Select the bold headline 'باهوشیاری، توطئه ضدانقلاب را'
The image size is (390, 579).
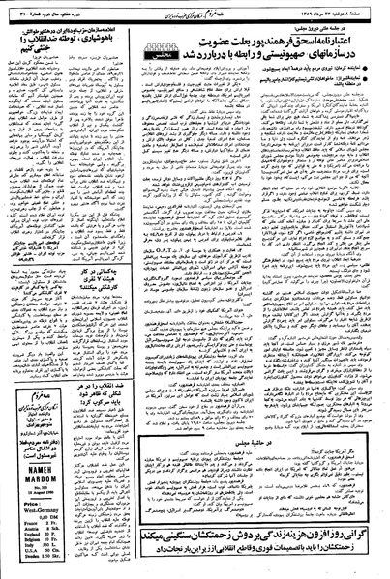(52, 29)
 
